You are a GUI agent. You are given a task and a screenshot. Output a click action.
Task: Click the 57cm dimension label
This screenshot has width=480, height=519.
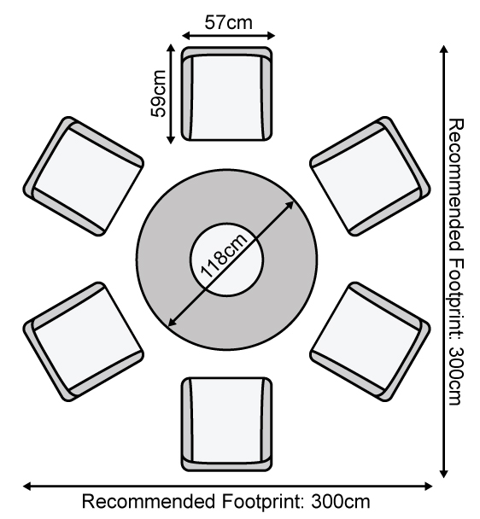(228, 23)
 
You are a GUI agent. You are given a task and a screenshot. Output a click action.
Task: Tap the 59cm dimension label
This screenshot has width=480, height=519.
(158, 94)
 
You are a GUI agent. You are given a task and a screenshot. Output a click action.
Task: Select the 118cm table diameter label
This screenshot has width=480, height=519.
(224, 255)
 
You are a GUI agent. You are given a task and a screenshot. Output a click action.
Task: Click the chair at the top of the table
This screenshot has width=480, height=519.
(227, 94)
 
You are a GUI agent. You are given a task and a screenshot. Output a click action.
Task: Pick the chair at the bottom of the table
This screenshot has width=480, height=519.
(227, 424)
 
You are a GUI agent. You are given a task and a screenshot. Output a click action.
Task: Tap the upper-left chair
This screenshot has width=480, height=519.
(84, 176)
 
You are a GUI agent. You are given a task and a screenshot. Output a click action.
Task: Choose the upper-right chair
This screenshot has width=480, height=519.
(370, 176)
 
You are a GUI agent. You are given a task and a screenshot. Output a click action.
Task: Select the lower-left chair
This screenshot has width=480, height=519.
(84, 342)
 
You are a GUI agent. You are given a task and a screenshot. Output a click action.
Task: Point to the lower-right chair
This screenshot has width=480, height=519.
(370, 342)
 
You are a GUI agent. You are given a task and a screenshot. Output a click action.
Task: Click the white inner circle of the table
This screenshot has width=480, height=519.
(227, 259)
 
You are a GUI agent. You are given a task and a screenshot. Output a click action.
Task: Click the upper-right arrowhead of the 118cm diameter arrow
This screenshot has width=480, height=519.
(290, 205)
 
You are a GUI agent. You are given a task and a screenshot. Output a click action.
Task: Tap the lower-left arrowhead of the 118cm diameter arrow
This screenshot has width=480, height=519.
(173, 322)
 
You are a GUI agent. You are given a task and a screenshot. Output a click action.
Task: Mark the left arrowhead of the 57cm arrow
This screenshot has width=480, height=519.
(186, 35)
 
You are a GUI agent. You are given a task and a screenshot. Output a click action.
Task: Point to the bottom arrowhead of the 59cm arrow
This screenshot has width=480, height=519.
(171, 140)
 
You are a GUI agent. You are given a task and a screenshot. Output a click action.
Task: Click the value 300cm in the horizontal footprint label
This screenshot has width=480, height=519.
(340, 501)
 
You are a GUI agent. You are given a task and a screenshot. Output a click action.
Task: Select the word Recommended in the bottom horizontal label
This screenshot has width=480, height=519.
(149, 501)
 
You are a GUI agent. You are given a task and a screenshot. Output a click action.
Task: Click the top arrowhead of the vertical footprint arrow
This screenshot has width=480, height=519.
(444, 50)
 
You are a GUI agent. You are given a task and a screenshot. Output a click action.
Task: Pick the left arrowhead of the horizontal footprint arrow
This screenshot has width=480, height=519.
(27, 487)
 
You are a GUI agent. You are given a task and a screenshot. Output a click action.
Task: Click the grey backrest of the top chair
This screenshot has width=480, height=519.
(227, 51)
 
